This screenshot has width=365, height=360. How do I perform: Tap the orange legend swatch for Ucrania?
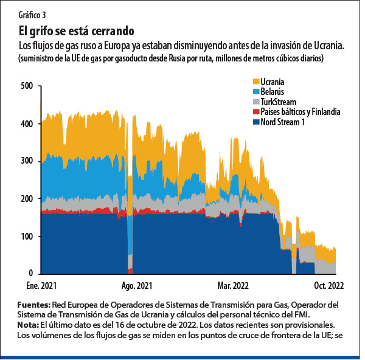tap(255, 81)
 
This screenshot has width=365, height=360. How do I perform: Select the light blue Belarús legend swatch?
tap(255, 92)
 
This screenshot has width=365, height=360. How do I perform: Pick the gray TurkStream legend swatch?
tap(255, 102)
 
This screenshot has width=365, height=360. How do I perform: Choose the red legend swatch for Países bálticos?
tap(255, 112)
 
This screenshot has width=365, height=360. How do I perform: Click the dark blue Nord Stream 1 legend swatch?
tap(255, 122)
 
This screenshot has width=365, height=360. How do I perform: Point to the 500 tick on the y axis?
tap(27, 86)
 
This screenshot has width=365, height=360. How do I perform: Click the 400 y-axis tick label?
tap(27, 124)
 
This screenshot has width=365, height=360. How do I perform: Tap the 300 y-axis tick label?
tap(27, 161)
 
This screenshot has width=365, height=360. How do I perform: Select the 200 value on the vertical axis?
tap(27, 199)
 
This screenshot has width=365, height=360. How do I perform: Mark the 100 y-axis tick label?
tap(27, 236)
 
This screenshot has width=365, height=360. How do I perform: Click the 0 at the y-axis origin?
tap(30, 274)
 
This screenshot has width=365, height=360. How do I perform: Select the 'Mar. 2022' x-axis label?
tap(233, 285)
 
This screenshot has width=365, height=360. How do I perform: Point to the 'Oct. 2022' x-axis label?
tap(328, 285)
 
